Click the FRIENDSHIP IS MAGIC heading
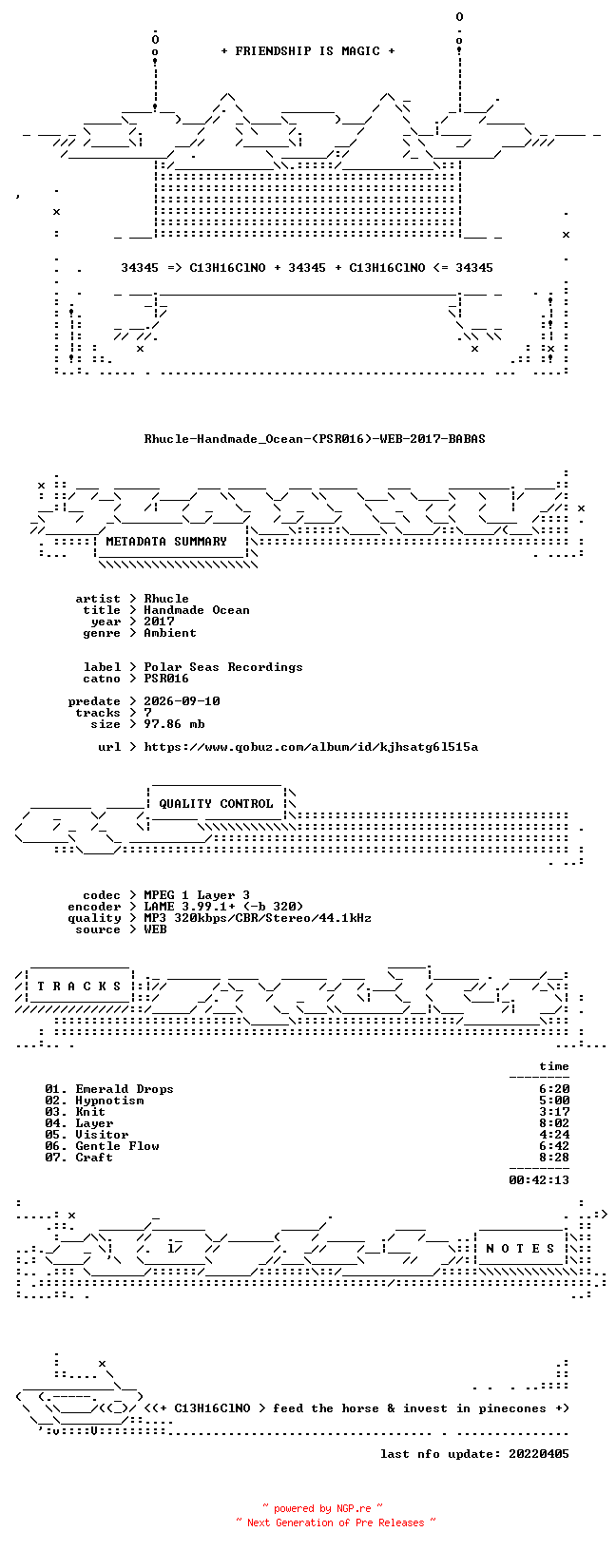[x=308, y=51]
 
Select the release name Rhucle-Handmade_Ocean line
[x=315, y=439]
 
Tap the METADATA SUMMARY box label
[x=166, y=542]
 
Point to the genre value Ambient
[x=170, y=633]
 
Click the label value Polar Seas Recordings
[x=223, y=667]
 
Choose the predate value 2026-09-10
[x=182, y=701]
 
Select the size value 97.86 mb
[x=174, y=724]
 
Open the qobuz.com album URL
[x=311, y=747]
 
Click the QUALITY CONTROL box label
[x=216, y=804]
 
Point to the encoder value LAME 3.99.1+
[x=189, y=907]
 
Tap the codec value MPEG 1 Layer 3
[x=197, y=895]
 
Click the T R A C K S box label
[x=79, y=986]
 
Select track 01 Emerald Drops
[x=108, y=1089]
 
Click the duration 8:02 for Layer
[x=554, y=1123]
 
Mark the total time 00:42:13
[x=539, y=1179]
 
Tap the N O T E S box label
[x=520, y=1249]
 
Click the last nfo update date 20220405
[x=539, y=1454]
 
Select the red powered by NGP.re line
[x=323, y=1508]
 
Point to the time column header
[x=554, y=1066]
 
